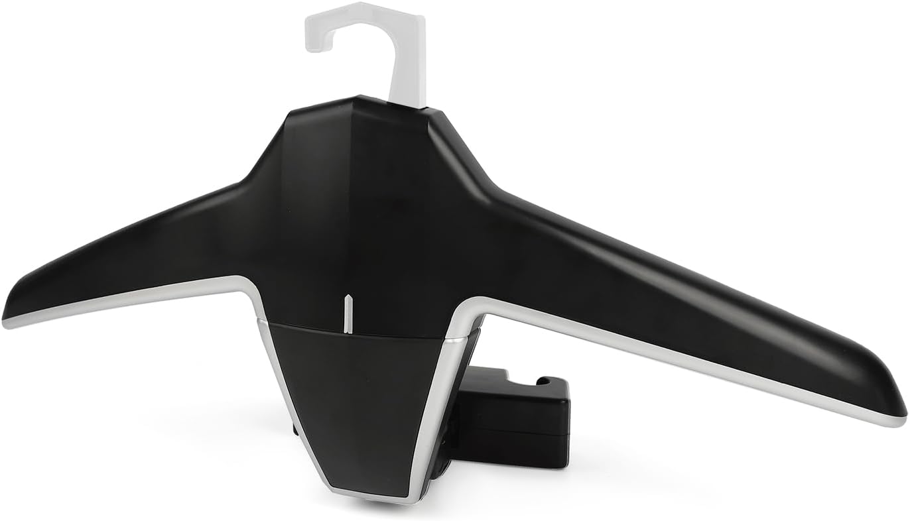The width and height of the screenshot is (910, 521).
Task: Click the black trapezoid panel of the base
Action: [x=355, y=398]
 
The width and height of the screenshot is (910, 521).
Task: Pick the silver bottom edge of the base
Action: [x=371, y=496]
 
